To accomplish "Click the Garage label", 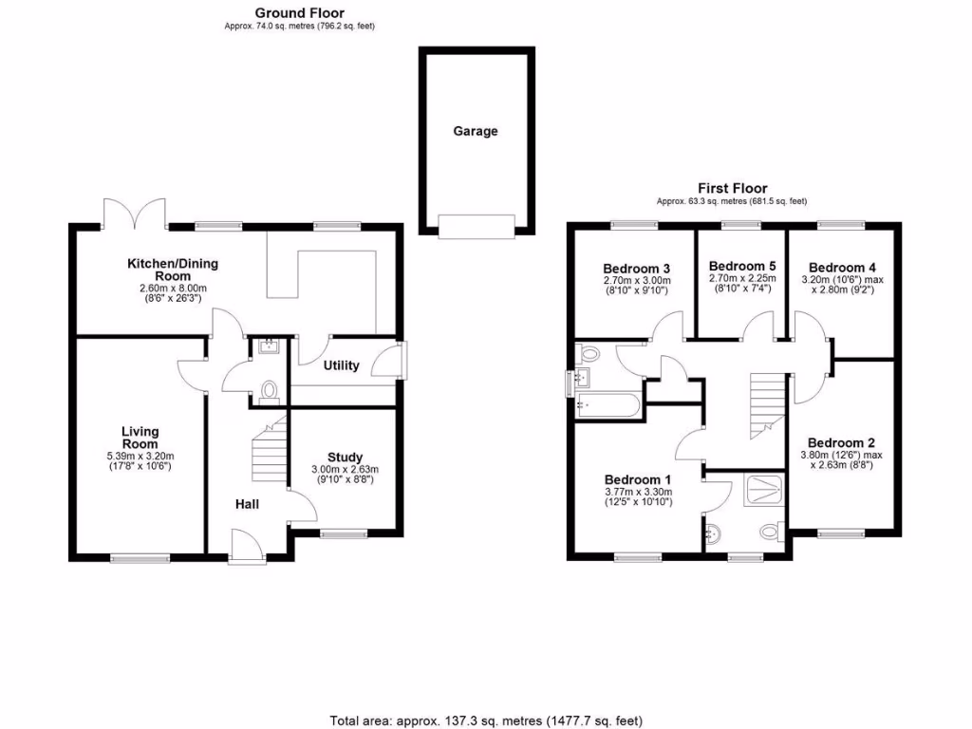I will (475, 132).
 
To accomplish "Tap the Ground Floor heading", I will (300, 13).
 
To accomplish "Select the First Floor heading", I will (732, 189).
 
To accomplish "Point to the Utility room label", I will (341, 365).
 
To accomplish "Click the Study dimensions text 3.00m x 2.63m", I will (345, 469).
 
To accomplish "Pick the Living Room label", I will (140, 438).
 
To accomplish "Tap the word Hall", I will (248, 504).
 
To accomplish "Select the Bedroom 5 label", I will (742, 266).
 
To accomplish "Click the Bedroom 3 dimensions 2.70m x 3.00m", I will (636, 280).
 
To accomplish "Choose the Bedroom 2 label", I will (840, 442).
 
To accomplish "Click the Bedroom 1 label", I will (638, 479).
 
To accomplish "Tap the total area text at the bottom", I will (486, 720).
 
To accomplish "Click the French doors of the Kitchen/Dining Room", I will (135, 214).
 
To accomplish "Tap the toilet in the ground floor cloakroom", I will (270, 390).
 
